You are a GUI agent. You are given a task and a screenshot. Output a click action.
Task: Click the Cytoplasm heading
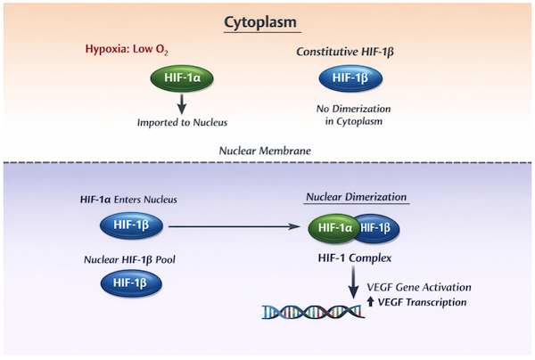coord(260,23)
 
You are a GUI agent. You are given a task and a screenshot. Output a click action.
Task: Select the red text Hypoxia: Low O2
coord(127,49)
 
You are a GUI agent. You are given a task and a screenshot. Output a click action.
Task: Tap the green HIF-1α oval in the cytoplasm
coord(182,78)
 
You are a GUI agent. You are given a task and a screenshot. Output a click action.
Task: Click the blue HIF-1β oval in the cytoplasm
coord(350,78)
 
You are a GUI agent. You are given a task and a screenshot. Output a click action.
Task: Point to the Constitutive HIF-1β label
coord(345,52)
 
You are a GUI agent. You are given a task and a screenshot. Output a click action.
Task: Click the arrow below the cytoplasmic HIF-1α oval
coord(182,104)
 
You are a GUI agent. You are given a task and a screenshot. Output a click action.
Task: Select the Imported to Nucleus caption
coord(182,122)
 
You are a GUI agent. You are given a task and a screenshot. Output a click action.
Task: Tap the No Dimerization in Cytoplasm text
coord(353,115)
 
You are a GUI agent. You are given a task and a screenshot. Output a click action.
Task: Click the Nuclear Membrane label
coord(265,151)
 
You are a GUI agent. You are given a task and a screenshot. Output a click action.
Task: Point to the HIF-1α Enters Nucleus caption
coord(128,200)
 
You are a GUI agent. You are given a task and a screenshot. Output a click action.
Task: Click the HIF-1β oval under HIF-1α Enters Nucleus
coord(131,225)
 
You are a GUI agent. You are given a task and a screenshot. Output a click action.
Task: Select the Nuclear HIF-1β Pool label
coord(129,260)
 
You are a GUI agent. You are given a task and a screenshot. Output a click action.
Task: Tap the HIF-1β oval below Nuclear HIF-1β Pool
coord(131,283)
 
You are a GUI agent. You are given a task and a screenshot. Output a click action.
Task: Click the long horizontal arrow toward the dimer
coord(235,226)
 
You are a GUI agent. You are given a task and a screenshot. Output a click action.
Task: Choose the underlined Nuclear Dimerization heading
coord(356,197)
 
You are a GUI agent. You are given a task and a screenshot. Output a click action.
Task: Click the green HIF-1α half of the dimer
coord(333,228)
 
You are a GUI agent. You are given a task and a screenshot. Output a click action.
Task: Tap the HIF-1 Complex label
coord(355,258)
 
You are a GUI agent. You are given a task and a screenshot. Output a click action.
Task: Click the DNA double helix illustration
coord(313,312)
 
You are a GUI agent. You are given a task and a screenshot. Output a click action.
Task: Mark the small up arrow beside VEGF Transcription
coord(370,302)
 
